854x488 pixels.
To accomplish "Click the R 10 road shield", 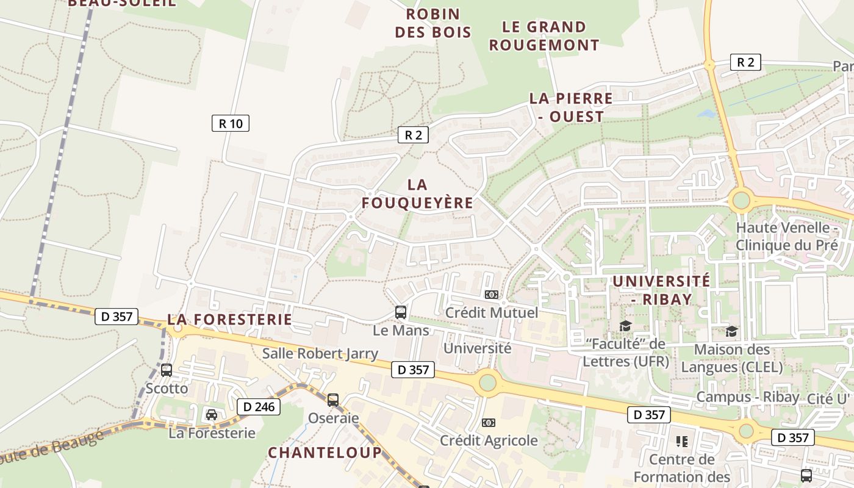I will click(x=231, y=123).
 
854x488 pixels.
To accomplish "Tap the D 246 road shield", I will click(x=259, y=407).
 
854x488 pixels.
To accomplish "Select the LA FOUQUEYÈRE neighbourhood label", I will click(x=417, y=194).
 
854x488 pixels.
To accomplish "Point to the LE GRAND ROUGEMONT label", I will click(x=544, y=36).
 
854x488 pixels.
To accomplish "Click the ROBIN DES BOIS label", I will click(x=433, y=23).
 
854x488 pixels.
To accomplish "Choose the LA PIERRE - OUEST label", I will click(x=571, y=107).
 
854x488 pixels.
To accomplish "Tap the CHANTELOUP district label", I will click(x=325, y=453).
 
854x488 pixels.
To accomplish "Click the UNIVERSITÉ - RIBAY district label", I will click(x=661, y=290).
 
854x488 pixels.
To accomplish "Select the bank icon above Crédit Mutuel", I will click(x=491, y=295).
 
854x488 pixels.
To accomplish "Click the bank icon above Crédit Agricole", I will click(x=489, y=423).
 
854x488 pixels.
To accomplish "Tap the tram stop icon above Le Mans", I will click(x=401, y=312).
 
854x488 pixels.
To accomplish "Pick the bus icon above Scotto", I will click(x=167, y=370).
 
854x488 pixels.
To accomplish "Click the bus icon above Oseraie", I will click(x=332, y=400).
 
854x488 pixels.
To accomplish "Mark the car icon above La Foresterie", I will click(x=212, y=415).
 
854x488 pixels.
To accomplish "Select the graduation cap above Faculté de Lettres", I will click(x=625, y=326).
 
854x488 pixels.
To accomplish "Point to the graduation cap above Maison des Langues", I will click(x=731, y=331).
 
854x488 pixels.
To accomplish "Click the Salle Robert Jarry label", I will click(x=320, y=353).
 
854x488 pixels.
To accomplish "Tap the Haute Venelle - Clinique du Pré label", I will click(x=786, y=237).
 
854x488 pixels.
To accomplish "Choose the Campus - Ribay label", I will click(x=748, y=397).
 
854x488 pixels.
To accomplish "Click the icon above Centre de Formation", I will click(x=681, y=441).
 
